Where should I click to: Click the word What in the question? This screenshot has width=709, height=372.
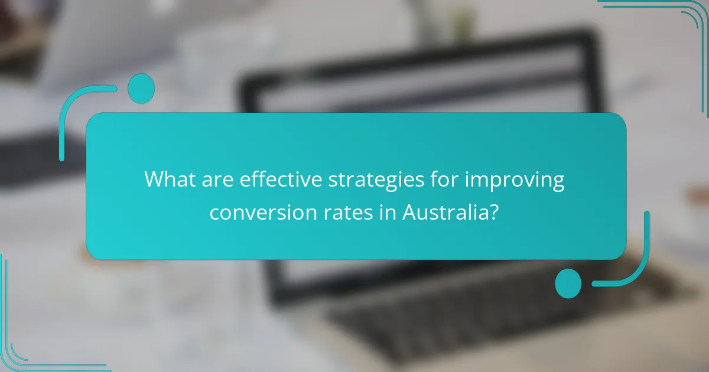tap(167, 179)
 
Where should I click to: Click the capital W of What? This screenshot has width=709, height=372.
tap(153, 179)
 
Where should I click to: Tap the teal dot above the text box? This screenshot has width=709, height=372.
tap(141, 89)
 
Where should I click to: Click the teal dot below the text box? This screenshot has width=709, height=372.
tap(568, 283)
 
